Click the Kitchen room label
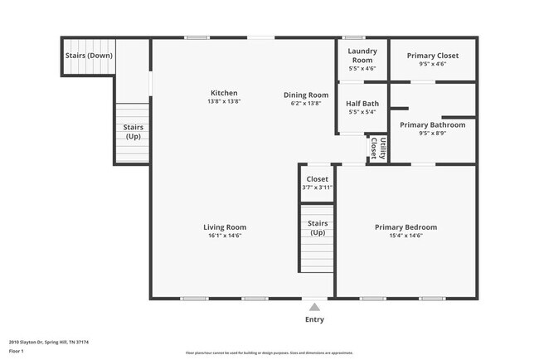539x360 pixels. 224,93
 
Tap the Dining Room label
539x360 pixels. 301,95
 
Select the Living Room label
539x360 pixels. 225,227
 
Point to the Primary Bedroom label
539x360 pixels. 405,227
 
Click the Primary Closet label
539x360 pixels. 432,56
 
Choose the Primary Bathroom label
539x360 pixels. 432,125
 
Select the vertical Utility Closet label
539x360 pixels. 378,148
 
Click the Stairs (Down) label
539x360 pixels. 89,56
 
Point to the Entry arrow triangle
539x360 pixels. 314,307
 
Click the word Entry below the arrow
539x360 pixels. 314,319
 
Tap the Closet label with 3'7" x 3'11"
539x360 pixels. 317,179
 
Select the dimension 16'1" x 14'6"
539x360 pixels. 225,236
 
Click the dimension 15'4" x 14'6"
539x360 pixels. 405,236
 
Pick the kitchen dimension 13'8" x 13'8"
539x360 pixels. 224,102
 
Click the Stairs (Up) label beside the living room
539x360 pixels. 317,228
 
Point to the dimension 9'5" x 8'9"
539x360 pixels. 432,134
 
